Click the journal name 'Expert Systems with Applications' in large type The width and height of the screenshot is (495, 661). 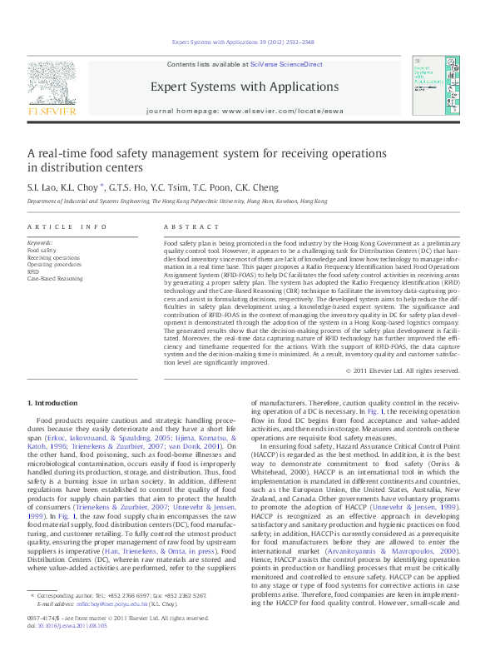(x=245, y=87)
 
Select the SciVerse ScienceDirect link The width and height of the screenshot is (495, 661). (x=294, y=64)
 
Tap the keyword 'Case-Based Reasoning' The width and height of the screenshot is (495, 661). (x=55, y=279)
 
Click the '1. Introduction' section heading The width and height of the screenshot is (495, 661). (x=53, y=403)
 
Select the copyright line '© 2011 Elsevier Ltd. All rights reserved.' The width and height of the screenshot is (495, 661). (x=402, y=370)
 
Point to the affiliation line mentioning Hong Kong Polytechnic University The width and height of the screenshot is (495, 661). (x=176, y=201)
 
